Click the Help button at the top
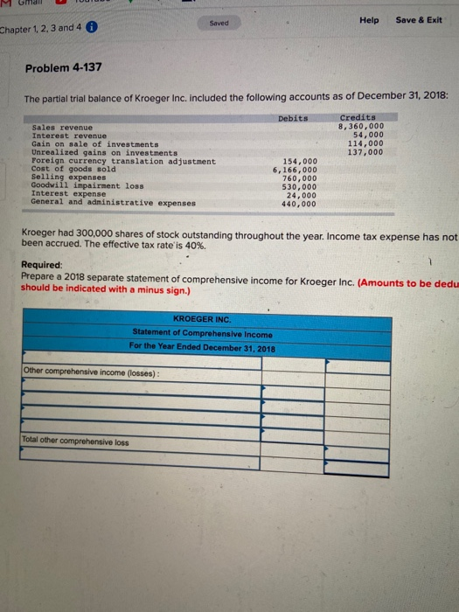(367, 20)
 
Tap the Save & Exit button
(419, 20)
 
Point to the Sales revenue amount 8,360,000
(360, 126)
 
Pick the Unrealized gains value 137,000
(365, 152)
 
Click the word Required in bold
(40, 265)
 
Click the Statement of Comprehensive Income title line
(202, 334)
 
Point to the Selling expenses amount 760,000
(299, 177)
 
